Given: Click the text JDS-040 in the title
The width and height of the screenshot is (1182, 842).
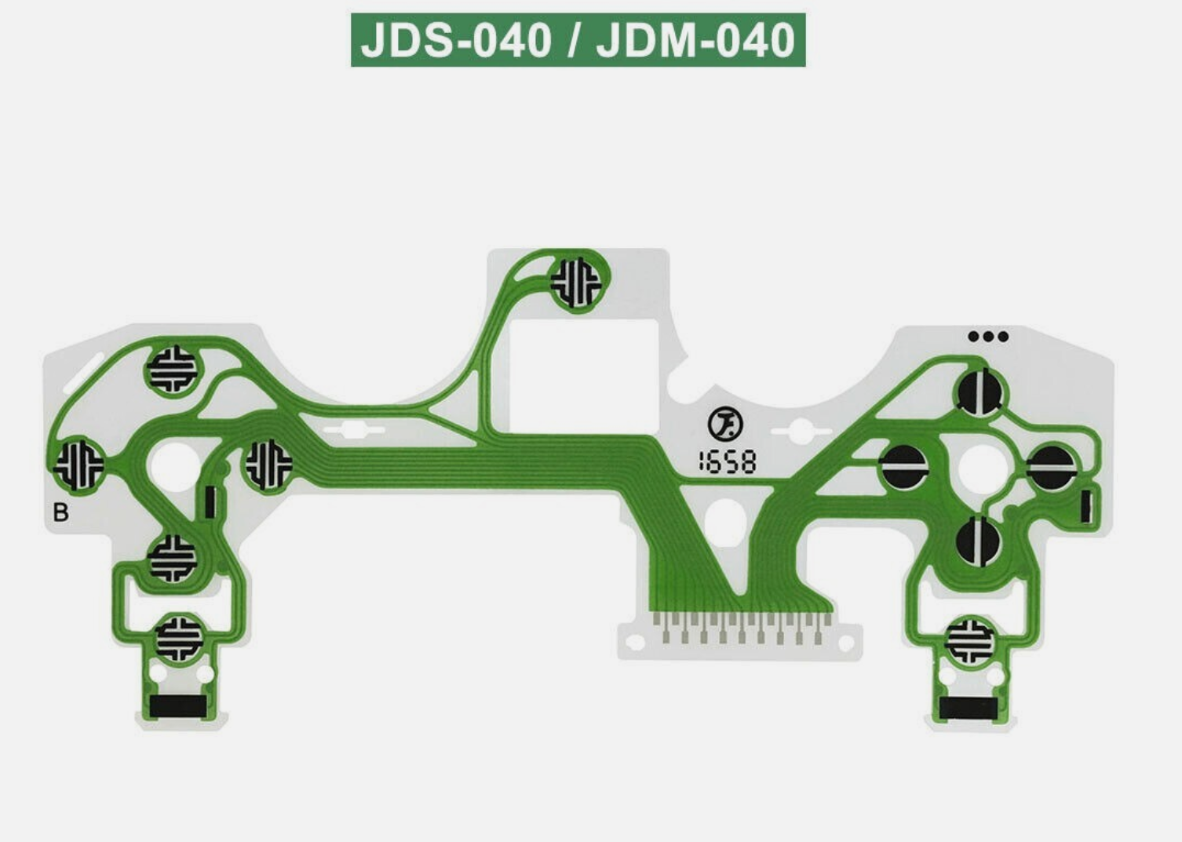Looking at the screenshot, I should pos(456,40).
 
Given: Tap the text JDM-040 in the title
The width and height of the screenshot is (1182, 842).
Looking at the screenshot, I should pos(695,40).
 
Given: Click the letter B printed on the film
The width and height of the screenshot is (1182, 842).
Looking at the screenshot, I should pos(60,512).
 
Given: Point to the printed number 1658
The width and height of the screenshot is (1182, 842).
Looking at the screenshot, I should pos(728,462).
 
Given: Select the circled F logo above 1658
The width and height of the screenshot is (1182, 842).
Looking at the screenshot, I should pos(722,425).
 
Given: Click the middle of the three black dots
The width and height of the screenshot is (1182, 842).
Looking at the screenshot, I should pos(988,337).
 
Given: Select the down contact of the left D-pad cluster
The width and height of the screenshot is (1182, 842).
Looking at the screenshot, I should pos(173,558).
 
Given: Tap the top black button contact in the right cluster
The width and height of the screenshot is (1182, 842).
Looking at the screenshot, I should pos(980,390).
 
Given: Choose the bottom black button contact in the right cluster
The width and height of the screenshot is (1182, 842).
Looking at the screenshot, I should pos(978,541).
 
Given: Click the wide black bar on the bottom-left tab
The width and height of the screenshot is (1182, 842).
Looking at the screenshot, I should pos(178,705).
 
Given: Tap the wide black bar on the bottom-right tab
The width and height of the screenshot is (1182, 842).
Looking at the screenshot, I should pos(970,709).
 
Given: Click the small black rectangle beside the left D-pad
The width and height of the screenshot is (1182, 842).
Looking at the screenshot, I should pos(210,502).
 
